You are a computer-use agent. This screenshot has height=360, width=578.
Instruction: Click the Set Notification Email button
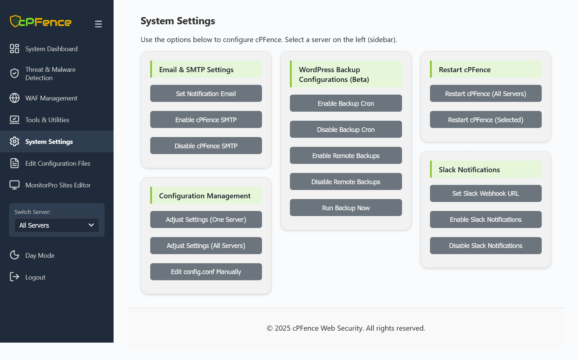pos(206,93)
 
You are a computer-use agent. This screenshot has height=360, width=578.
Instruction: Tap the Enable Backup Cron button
pos(346,103)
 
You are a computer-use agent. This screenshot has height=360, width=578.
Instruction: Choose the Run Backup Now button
pos(346,208)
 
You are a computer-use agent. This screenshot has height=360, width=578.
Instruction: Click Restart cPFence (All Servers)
pos(485,93)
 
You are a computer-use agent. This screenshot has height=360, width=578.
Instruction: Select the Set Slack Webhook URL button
pos(485,193)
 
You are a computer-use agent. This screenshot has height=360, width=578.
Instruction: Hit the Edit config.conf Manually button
pos(206,272)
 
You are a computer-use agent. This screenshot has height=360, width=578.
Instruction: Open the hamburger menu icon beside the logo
pos(98,24)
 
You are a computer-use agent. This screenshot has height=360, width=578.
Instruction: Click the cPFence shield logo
pos(15,21)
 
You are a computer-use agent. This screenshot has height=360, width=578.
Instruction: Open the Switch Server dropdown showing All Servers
pos(57,225)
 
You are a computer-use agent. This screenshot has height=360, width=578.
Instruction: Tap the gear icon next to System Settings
pos(15,141)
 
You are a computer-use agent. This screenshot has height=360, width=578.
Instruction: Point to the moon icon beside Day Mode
pos(15,255)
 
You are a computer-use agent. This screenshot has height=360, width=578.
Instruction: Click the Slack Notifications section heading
pos(469,169)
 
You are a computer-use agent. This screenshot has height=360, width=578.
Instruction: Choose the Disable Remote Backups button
pos(346,182)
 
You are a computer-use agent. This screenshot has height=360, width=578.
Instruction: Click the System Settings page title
pos(178,21)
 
